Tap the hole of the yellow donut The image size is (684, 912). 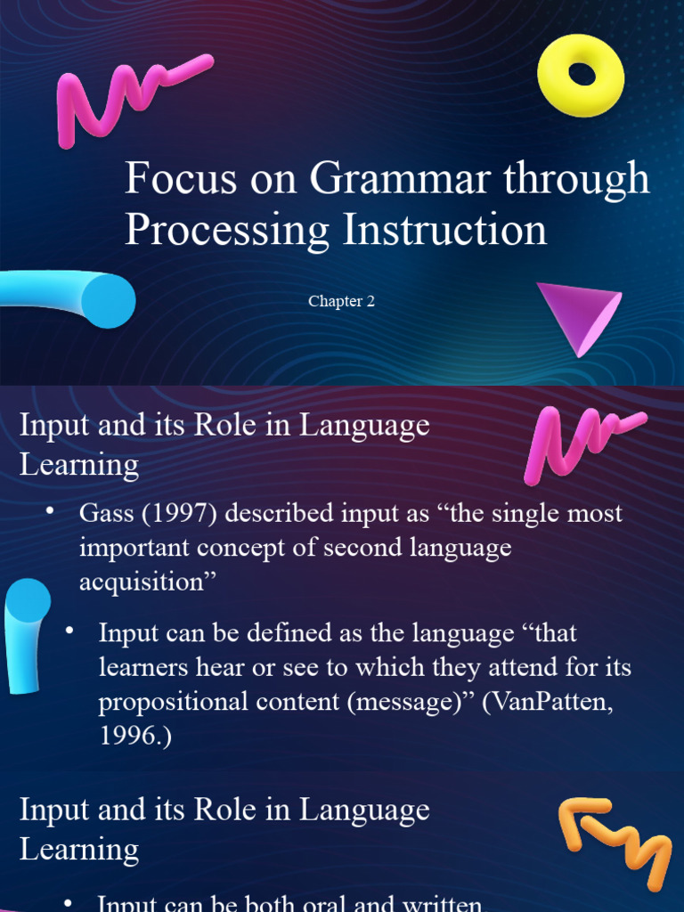pos(582,74)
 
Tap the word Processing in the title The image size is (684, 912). pos(227,230)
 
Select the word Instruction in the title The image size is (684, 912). pos(446,230)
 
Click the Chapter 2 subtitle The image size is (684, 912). pos(341,301)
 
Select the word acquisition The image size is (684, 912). pos(142,582)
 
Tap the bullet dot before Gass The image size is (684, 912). pos(50,509)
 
